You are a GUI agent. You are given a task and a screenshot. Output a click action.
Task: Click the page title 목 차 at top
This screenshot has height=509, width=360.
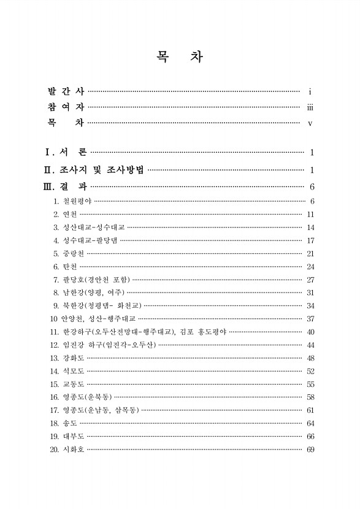(x=180, y=58)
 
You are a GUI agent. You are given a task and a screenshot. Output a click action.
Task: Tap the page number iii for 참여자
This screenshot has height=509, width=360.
(x=310, y=107)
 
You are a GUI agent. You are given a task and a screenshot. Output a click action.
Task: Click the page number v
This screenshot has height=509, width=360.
(x=310, y=123)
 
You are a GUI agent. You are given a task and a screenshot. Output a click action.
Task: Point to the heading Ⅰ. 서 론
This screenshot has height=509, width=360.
(x=66, y=152)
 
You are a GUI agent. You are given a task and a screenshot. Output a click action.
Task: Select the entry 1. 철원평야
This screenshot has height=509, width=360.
(x=72, y=201)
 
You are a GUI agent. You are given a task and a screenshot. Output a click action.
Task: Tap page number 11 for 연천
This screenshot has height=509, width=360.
(x=310, y=214)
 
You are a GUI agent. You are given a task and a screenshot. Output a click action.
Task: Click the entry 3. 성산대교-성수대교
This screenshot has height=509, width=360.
(x=89, y=228)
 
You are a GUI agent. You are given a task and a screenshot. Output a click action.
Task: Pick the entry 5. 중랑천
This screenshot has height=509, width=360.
(x=69, y=253)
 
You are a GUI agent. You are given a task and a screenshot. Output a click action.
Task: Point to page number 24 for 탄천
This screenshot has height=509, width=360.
(x=310, y=267)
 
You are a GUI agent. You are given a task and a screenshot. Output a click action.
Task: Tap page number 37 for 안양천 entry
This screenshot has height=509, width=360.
(x=310, y=319)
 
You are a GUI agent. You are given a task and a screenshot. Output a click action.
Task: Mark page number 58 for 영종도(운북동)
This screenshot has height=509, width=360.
(x=310, y=397)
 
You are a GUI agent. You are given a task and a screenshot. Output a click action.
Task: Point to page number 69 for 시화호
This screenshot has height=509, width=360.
(x=310, y=450)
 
